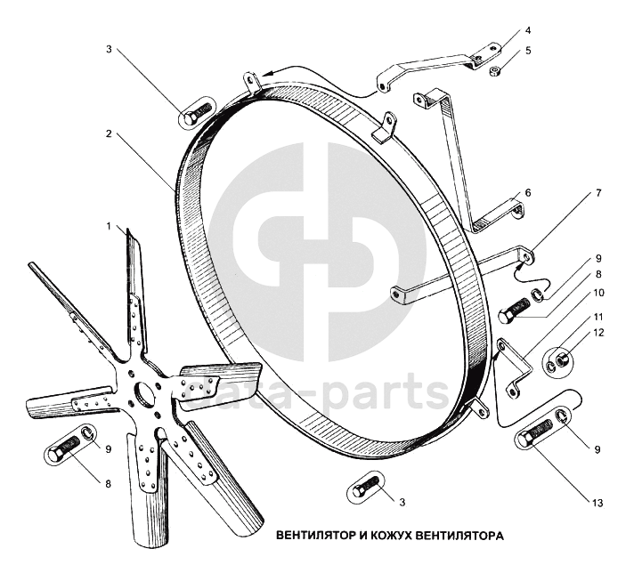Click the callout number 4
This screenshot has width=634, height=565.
[528, 31]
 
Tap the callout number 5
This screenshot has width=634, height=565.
[528, 51]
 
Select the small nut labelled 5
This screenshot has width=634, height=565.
[493, 71]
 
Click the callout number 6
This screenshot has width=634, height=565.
[528, 193]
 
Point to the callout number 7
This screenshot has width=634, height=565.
[598, 193]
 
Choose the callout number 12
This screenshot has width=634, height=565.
[598, 333]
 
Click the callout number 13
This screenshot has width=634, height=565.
[597, 504]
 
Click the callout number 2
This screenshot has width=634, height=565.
[109, 133]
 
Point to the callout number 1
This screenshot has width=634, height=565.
[109, 226]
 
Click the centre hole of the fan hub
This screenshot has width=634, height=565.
[144, 392]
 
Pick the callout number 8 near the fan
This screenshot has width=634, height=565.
[108, 484]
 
